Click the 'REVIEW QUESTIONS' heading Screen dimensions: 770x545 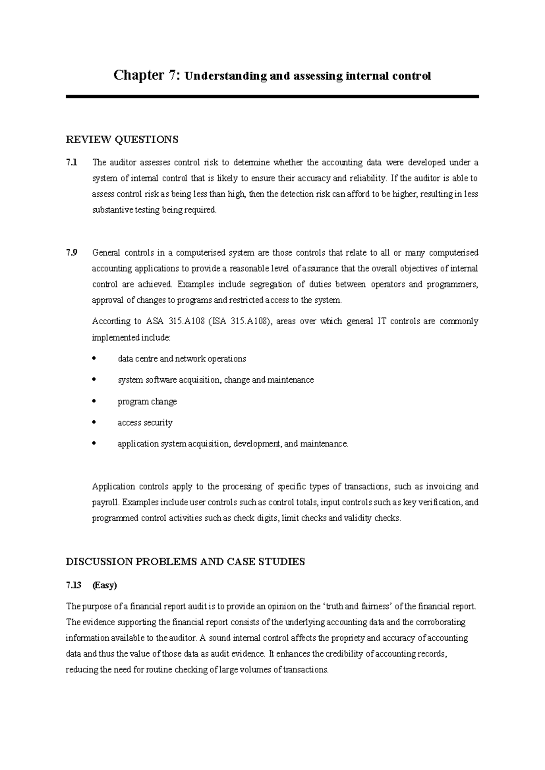(122, 139)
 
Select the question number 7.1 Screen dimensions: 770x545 (72, 163)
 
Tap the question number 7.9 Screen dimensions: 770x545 (72, 252)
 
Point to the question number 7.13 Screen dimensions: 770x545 (74, 586)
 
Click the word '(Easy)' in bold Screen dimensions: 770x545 (104, 586)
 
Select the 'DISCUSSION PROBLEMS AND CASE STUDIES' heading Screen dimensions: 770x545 (185, 562)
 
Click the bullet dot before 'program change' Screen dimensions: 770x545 (94, 401)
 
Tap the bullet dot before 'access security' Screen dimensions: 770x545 (94, 423)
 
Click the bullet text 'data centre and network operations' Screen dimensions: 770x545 (182, 359)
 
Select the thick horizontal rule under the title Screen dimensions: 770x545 (272, 97)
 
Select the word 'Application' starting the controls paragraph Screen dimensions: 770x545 (114, 487)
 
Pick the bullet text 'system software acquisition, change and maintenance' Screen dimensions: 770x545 (216, 380)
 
